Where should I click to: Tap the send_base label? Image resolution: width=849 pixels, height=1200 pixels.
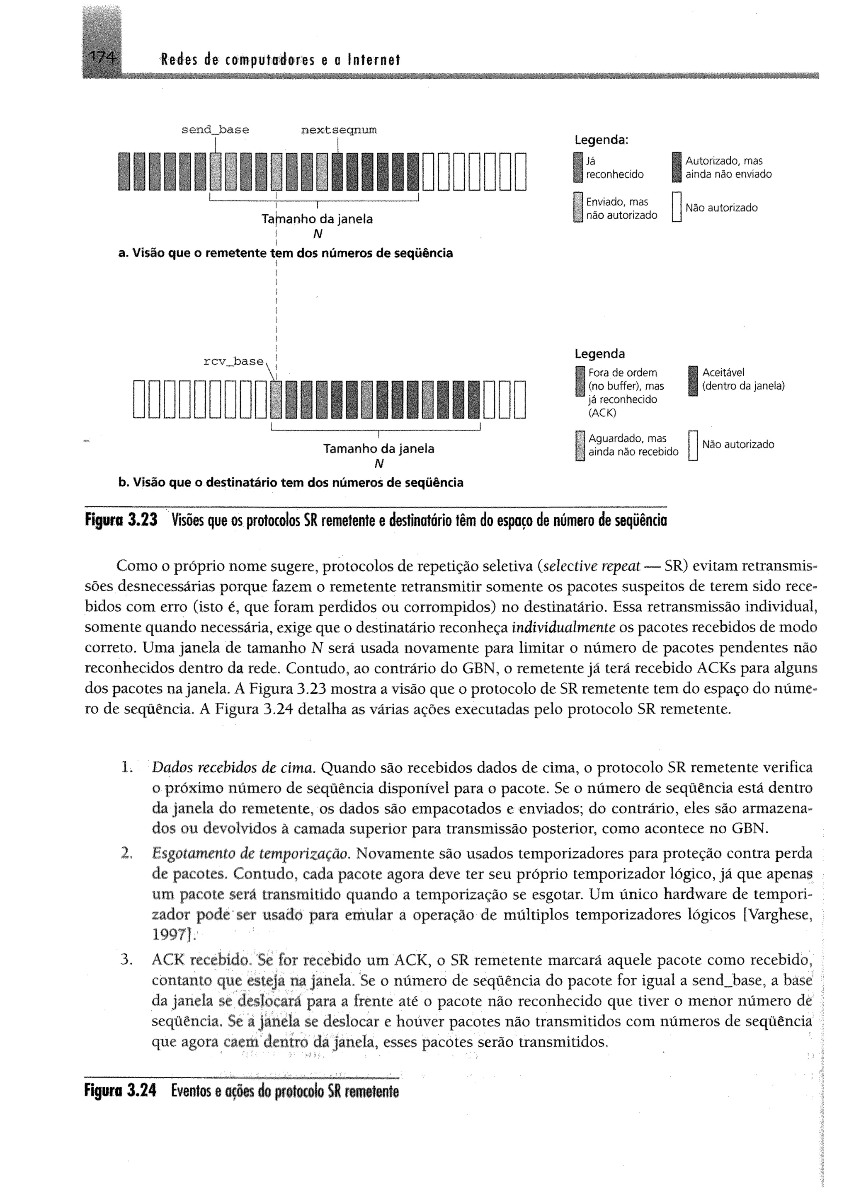(215, 129)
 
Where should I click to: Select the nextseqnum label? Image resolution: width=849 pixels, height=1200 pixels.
(339, 129)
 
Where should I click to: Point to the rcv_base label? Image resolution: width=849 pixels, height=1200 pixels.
(234, 361)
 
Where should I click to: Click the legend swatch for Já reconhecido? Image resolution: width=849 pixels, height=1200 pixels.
(577, 167)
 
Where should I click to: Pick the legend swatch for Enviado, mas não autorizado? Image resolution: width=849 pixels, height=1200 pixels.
(577, 208)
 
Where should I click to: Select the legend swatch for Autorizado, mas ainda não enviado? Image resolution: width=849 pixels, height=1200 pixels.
(677, 167)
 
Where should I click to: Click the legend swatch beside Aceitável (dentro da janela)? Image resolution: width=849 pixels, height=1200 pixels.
(693, 381)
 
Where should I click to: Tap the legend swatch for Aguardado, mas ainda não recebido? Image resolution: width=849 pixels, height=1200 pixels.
(579, 445)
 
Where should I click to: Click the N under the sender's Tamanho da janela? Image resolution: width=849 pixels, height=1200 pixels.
(317, 234)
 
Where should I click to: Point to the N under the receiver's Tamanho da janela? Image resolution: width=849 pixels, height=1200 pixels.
(379, 464)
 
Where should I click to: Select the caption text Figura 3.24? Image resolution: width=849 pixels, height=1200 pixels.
(121, 1091)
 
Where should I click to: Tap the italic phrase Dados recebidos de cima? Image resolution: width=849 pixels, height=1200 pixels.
(233, 767)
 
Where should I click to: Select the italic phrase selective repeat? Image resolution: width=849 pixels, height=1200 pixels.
(592, 566)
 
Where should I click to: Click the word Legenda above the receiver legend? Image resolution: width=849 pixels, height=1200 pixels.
(599, 354)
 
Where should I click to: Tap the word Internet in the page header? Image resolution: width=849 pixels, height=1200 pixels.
(372, 60)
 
